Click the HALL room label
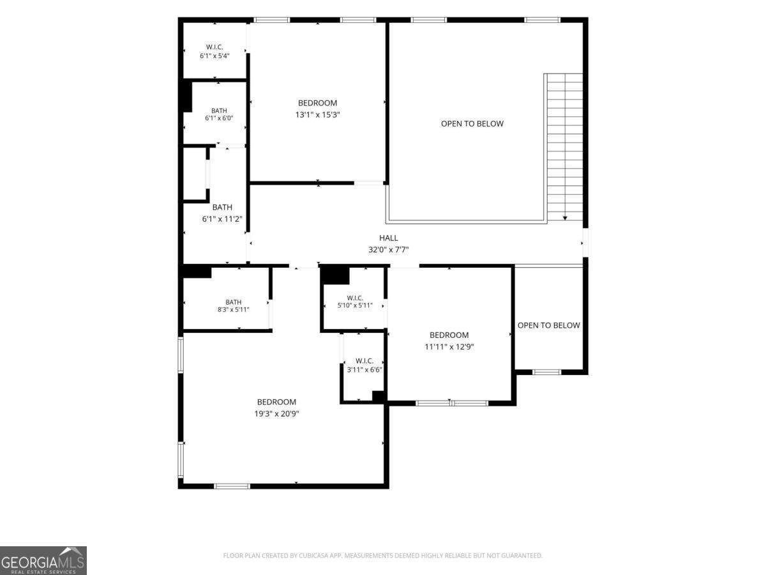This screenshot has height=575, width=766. [x=388, y=238]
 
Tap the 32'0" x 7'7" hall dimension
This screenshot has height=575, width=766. [x=388, y=250]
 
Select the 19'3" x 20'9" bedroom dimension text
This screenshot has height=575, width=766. [x=276, y=414]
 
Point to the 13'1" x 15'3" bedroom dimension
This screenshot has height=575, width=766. [x=317, y=115]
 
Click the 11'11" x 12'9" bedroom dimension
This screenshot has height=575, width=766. [x=449, y=347]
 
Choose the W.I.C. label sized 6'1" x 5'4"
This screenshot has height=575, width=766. [x=214, y=47]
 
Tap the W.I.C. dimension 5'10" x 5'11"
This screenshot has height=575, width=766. [x=355, y=305]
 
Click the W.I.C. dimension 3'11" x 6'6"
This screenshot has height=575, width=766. [x=364, y=370]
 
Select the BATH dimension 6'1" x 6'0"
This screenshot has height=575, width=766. [x=219, y=118]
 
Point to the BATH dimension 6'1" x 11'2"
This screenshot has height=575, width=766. [x=222, y=219]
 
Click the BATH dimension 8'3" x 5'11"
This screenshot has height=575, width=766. [x=233, y=309]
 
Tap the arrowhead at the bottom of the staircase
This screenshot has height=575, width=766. [x=565, y=218]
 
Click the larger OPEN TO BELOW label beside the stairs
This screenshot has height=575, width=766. [x=472, y=123]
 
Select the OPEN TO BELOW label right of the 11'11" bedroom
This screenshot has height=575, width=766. [x=548, y=325]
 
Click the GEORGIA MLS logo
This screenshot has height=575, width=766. [x=43, y=560]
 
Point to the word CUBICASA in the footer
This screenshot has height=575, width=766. [x=313, y=555]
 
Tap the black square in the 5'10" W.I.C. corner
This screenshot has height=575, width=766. [x=335, y=275]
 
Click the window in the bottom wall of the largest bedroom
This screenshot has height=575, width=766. [x=232, y=486]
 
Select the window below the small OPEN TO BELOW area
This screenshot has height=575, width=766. [x=546, y=372]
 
